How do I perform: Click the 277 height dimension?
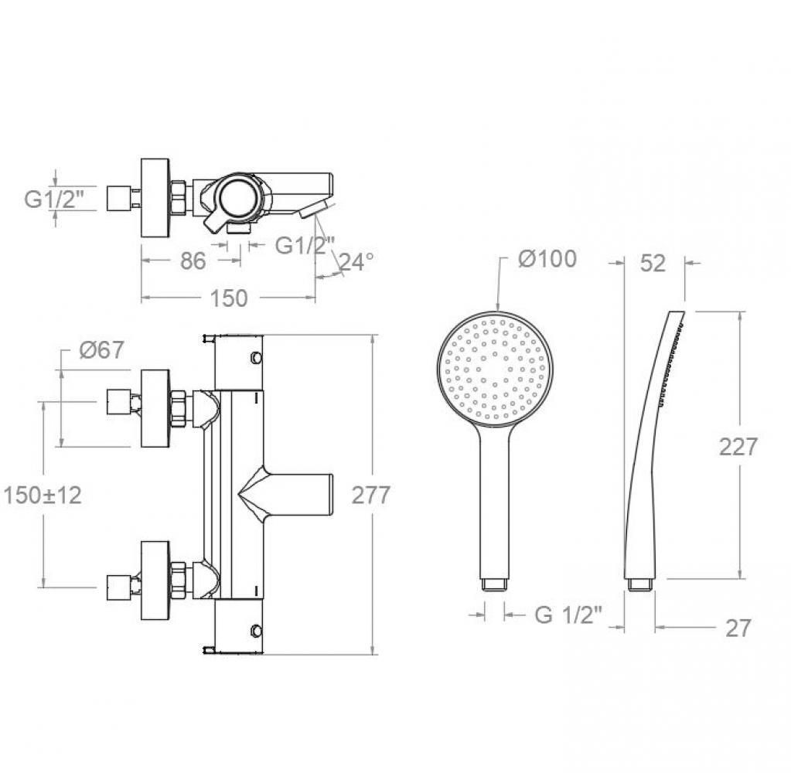click(x=371, y=495)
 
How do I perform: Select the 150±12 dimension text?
click(x=43, y=495)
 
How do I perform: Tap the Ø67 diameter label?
click(x=101, y=349)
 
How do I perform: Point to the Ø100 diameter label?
click(x=547, y=259)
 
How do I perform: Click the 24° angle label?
click(x=356, y=261)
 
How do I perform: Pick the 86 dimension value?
click(x=193, y=261)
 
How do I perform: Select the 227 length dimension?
click(x=738, y=446)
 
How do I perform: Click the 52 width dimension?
click(x=653, y=264)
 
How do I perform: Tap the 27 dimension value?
click(x=738, y=628)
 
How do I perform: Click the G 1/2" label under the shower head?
click(x=568, y=615)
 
